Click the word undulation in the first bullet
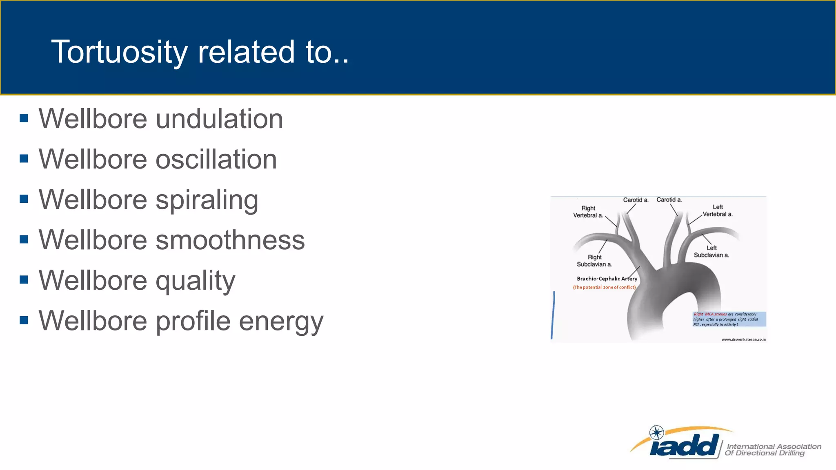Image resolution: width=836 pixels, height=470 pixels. (x=219, y=119)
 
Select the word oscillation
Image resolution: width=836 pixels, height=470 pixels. (x=216, y=159)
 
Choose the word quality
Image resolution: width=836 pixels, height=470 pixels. (x=196, y=281)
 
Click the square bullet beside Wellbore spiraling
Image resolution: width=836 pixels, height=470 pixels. (x=24, y=199)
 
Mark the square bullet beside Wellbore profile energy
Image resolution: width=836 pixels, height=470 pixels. (x=24, y=320)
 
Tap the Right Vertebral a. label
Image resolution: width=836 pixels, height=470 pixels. (x=588, y=212)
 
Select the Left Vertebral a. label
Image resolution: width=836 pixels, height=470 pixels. (x=717, y=211)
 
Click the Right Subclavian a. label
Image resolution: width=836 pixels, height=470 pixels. (x=594, y=261)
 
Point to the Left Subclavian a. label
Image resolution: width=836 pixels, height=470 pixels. (x=711, y=251)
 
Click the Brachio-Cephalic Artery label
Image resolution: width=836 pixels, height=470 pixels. (x=607, y=279)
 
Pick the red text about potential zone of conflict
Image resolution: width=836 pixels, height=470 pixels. (x=604, y=287)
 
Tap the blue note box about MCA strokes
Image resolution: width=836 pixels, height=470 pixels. (x=729, y=319)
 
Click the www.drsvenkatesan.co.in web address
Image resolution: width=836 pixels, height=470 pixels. (x=743, y=339)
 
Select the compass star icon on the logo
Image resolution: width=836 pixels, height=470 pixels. (x=656, y=432)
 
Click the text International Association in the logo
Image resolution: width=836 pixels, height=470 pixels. (x=774, y=446)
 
